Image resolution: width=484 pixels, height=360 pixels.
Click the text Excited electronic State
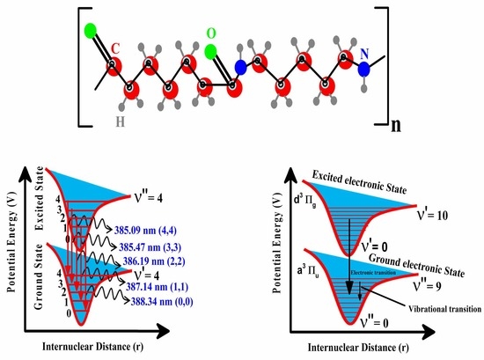[348, 186]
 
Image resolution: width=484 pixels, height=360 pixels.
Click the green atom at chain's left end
[91, 34]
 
